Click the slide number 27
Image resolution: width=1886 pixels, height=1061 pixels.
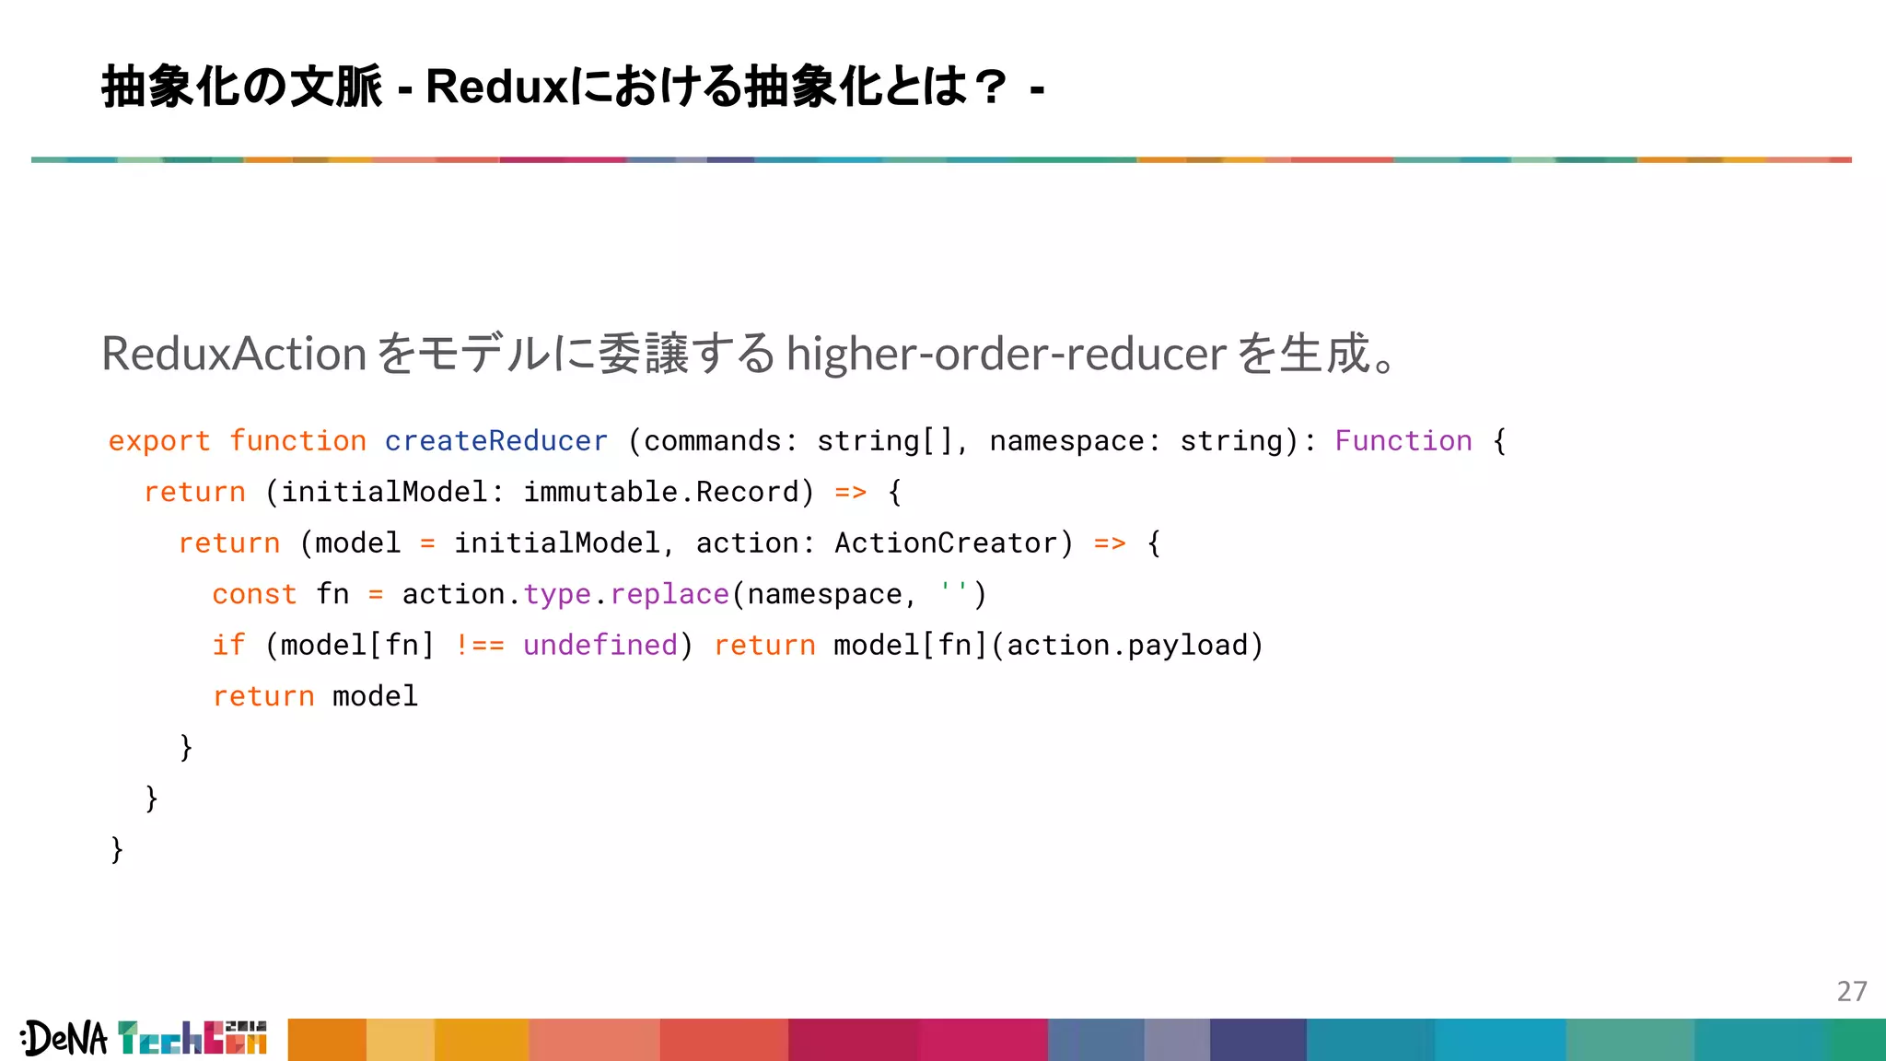click(1851, 991)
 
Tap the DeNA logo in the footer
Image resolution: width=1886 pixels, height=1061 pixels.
click(64, 1039)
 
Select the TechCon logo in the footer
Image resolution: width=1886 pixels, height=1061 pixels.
click(192, 1038)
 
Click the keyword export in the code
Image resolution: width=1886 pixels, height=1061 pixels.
click(159, 441)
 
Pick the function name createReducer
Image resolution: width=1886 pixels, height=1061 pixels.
click(496, 441)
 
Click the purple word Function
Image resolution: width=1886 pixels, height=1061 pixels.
click(1403, 441)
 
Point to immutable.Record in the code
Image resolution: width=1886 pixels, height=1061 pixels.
click(661, 492)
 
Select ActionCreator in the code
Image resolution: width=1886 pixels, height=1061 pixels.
click(945, 543)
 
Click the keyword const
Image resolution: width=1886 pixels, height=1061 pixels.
click(254, 594)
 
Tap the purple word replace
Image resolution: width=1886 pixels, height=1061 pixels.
click(669, 594)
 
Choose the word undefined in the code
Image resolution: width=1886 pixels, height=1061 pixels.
click(600, 645)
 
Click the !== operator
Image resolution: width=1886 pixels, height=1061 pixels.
click(480, 645)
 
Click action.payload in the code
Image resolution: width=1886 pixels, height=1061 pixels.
click(1127, 645)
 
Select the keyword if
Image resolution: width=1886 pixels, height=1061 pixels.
click(228, 645)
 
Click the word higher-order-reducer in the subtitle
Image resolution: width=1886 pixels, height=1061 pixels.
click(1006, 354)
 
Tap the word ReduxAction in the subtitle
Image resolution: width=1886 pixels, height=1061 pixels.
click(234, 354)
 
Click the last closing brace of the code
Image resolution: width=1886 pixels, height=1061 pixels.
click(117, 848)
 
